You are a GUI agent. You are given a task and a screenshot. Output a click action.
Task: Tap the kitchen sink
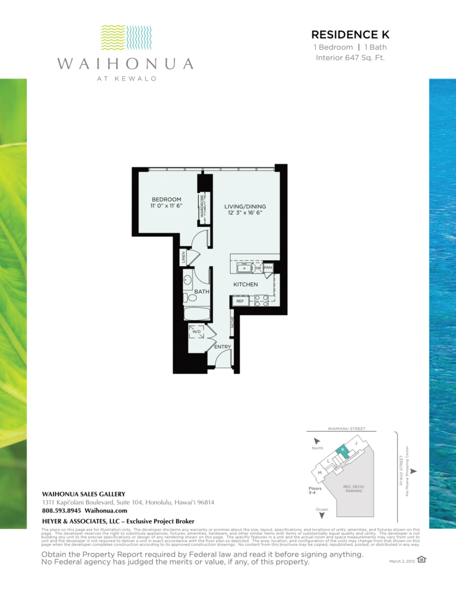point(244,268)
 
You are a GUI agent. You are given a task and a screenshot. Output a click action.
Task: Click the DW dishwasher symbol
point(258,268)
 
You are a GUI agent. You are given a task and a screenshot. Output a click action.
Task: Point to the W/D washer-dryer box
point(197,332)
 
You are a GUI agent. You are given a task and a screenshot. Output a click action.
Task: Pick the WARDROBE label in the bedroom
point(202,206)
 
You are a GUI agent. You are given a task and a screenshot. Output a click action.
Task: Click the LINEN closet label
point(184,258)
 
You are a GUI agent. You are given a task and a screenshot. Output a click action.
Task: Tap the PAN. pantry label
point(268,268)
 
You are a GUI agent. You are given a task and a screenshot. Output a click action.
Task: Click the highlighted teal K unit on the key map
point(344,450)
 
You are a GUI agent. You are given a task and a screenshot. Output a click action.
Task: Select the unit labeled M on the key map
point(319,474)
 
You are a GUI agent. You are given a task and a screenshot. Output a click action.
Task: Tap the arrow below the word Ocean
point(321,515)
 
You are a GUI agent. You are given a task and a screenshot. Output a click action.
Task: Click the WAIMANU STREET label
point(342,429)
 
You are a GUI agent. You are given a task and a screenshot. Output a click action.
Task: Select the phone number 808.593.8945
point(62,511)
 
